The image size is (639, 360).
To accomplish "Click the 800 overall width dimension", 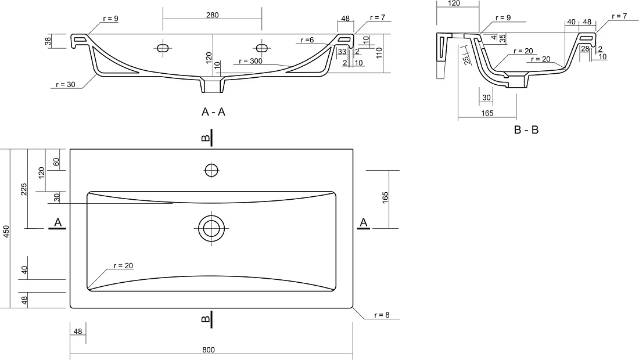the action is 208,350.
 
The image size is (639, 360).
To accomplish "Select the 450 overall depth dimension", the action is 6,231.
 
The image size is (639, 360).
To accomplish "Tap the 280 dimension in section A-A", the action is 212,15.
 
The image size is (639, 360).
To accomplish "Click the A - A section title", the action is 213,111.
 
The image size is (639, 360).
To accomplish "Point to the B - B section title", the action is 526,130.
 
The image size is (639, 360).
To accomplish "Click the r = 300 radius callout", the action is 250,61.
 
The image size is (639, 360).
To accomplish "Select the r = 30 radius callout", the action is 66,85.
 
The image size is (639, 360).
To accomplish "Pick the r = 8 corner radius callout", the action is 382,315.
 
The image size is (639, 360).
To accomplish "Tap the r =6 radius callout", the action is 307,40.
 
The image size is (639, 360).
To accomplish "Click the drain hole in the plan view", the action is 211,228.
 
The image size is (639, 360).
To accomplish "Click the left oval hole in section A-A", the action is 163,48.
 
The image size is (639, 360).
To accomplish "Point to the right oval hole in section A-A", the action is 261,48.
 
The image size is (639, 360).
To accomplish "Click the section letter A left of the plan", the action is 58,222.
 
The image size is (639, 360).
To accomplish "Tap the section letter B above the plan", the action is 206,138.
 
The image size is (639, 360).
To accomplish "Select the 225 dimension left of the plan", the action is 24,189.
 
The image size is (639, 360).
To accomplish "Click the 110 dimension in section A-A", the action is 379,53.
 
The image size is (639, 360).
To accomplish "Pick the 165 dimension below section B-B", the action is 487,113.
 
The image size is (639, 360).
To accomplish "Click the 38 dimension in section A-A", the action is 48,41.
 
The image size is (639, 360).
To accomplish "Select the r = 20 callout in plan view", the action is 123,265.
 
